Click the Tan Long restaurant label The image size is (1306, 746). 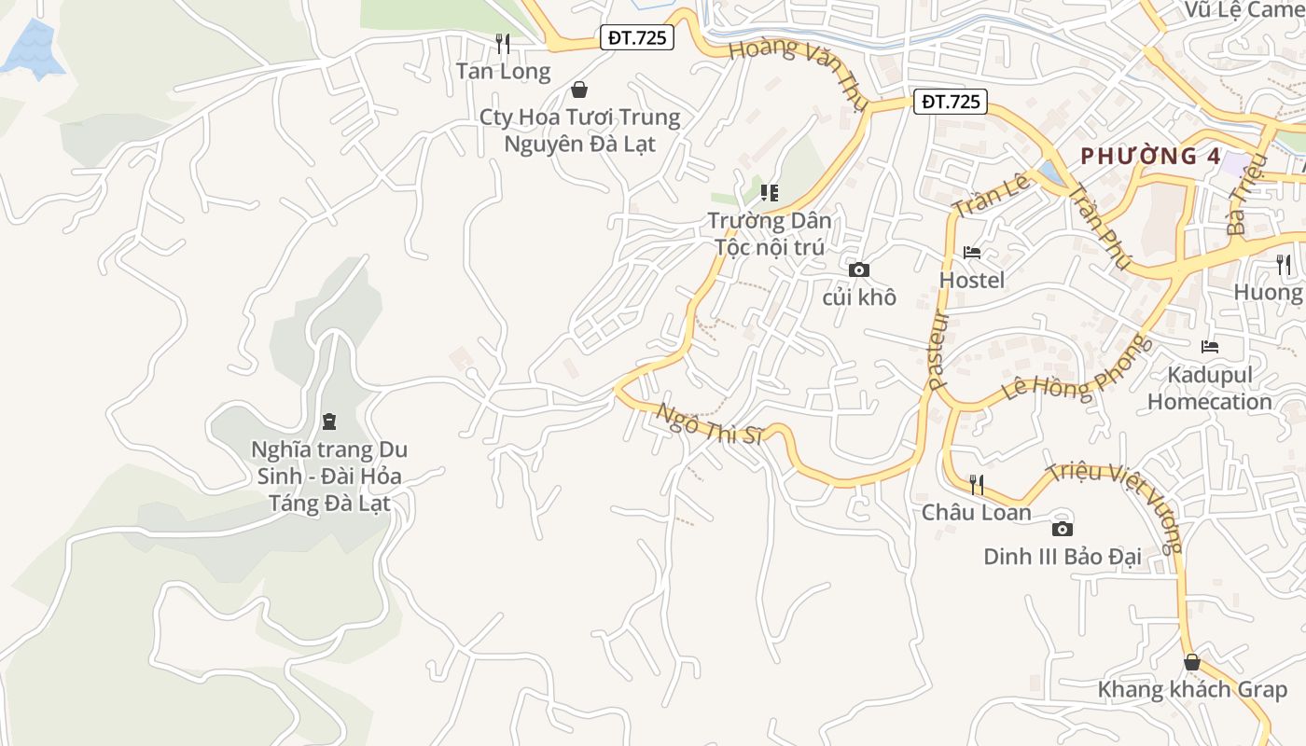[x=503, y=71]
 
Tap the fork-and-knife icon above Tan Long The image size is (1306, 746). [x=503, y=43]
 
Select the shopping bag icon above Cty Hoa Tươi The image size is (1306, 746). [x=579, y=90]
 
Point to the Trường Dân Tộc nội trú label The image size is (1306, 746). [x=770, y=234]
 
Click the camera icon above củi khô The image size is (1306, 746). [x=859, y=270]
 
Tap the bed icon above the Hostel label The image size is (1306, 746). [x=972, y=253]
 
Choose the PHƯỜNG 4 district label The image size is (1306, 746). [x=1150, y=156]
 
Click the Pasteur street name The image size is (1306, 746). [x=938, y=349]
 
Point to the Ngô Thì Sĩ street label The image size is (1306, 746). [x=710, y=424]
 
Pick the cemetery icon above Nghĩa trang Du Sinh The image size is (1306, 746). [x=328, y=421]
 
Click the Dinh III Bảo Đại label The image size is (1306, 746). [x=1063, y=557]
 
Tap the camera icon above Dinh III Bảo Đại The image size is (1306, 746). [x=1062, y=530]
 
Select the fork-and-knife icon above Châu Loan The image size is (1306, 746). [x=977, y=484]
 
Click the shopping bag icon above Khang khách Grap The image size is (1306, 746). [x=1192, y=663]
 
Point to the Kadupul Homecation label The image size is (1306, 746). [x=1210, y=388]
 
